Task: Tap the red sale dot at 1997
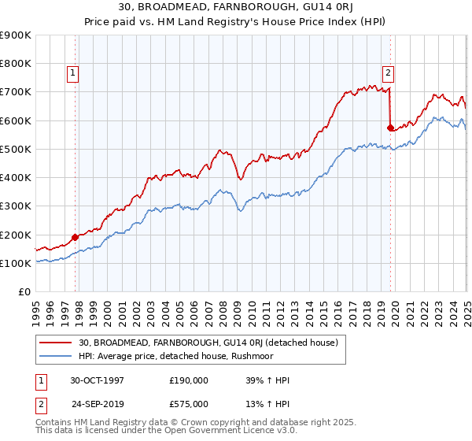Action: click(76, 236)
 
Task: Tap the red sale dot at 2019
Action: click(390, 127)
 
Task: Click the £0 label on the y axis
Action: click(24, 292)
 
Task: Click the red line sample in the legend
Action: click(56, 343)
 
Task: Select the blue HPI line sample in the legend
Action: click(56, 355)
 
